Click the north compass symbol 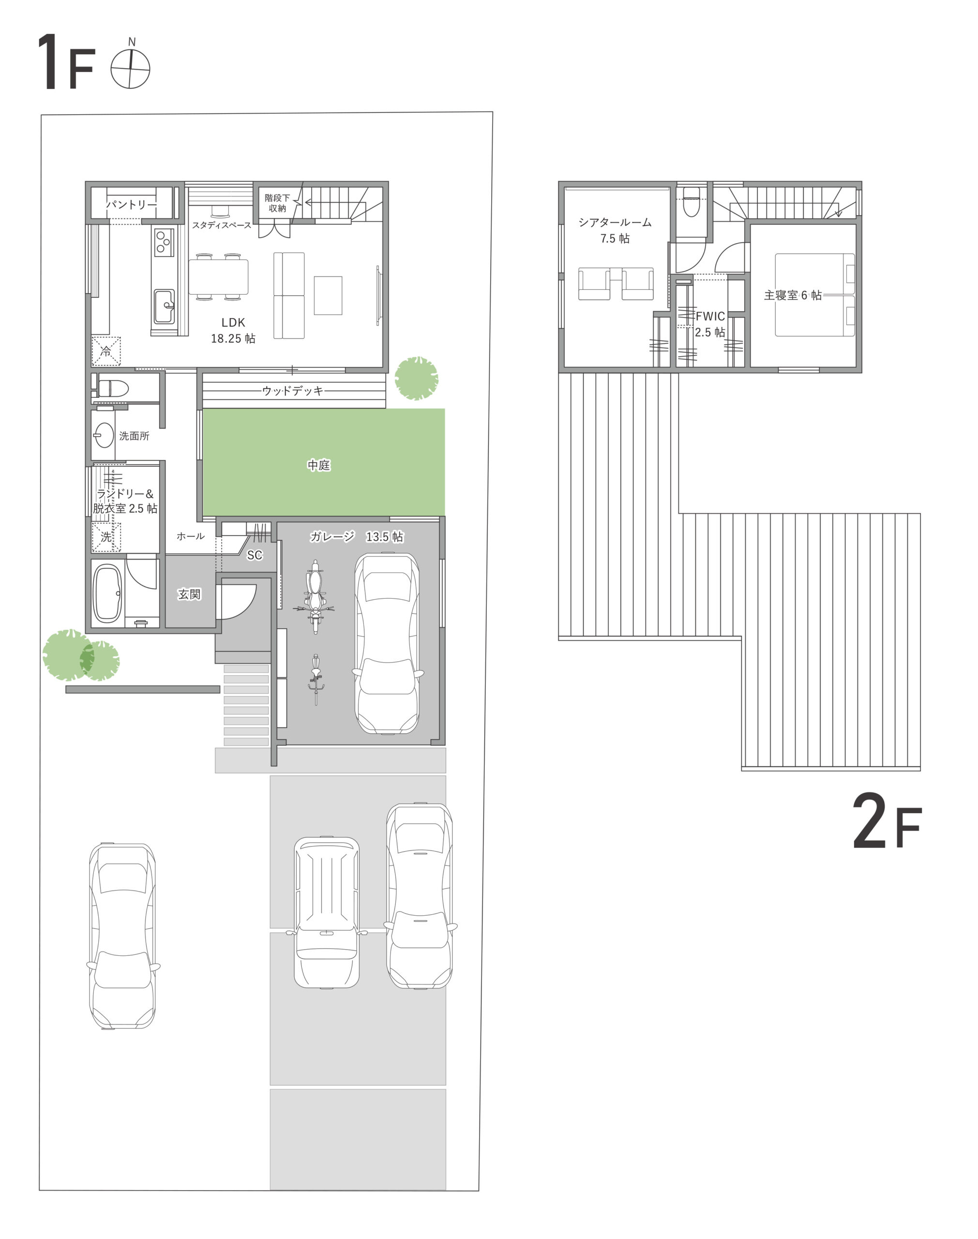[x=131, y=68]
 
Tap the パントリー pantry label [x=131, y=204]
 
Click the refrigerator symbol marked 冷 [x=106, y=351]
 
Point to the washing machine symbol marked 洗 [x=106, y=537]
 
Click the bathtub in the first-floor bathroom [x=107, y=593]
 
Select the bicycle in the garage [x=316, y=680]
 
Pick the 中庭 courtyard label [x=319, y=465]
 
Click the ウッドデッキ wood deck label [x=293, y=391]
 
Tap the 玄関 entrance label [x=190, y=594]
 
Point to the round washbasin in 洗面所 [x=104, y=435]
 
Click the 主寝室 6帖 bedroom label [x=793, y=295]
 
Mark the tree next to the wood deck [x=416, y=378]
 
